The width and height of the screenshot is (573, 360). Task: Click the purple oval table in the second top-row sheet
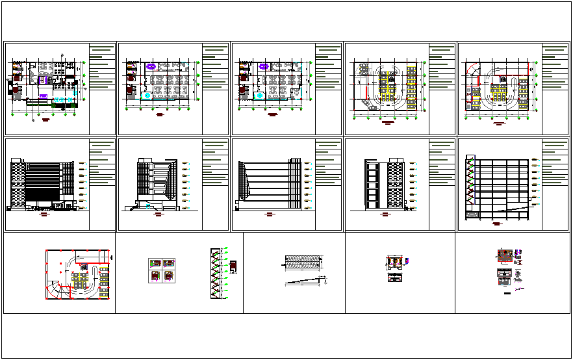pyautogui.click(x=151, y=66)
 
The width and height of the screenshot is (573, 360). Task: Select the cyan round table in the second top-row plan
pyautogui.click(x=148, y=96)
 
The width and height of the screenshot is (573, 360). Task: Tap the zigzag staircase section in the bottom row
pyautogui.click(x=215, y=273)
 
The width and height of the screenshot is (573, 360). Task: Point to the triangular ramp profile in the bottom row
pyautogui.click(x=304, y=280)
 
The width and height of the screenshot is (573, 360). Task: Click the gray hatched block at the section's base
pyautogui.click(x=478, y=215)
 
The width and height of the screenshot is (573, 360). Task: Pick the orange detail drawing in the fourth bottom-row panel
pyautogui.click(x=394, y=263)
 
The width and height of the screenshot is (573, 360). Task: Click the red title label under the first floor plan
pyautogui.click(x=45, y=120)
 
